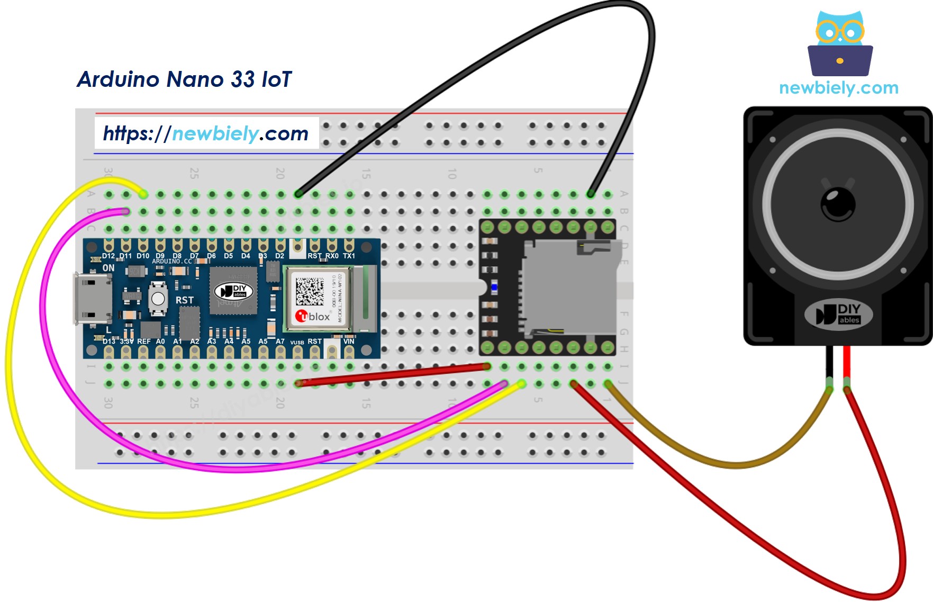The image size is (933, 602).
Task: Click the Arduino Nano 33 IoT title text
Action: [184, 79]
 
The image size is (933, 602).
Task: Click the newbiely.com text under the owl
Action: [839, 88]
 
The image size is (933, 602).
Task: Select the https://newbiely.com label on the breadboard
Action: [206, 133]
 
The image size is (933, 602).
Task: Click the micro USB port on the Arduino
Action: [92, 299]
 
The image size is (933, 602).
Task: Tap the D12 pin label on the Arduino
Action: [108, 256]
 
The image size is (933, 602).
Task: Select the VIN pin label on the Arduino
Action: [349, 342]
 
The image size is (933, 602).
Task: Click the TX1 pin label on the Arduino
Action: [349, 256]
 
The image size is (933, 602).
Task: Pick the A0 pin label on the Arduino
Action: [160, 342]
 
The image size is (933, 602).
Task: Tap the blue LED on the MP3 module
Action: [494, 287]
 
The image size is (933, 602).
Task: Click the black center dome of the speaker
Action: [838, 204]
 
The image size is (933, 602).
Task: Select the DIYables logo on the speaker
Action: [839, 314]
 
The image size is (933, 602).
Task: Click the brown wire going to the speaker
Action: [736, 464]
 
